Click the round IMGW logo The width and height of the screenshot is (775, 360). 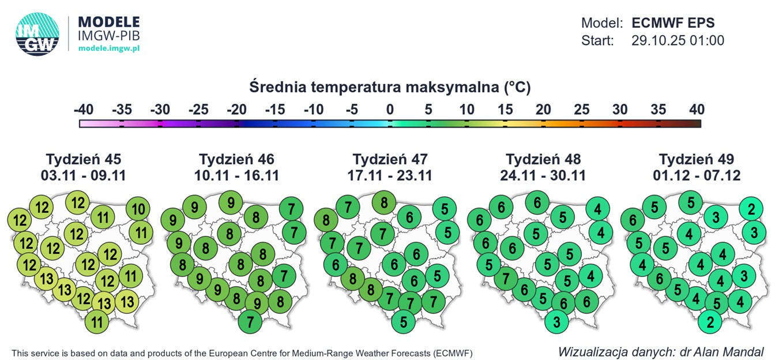coord(37,35)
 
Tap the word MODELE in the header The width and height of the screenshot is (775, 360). coord(108,22)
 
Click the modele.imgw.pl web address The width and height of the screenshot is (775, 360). coord(108,48)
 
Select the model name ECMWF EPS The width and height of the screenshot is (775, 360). coord(673,23)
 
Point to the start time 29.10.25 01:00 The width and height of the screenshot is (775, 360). coord(678,40)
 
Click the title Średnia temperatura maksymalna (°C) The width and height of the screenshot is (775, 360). coord(390,88)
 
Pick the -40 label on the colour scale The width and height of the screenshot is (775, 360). coord(84,109)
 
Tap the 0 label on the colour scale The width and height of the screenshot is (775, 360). coord(390,109)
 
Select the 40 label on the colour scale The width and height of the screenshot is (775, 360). coord(697,109)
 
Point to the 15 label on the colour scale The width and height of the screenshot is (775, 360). coord(505,109)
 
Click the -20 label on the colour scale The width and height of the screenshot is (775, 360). coord(237,109)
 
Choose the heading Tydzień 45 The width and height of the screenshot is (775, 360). coord(84,159)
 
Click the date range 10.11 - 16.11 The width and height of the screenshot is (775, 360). coord(236,175)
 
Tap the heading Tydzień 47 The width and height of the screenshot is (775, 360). coord(390,159)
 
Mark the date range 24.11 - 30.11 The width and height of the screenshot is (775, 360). coord(543,175)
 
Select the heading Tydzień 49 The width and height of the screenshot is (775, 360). coord(697,159)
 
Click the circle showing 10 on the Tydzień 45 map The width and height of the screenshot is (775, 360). coord(138,209)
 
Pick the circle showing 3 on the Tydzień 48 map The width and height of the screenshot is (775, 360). coord(556,321)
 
